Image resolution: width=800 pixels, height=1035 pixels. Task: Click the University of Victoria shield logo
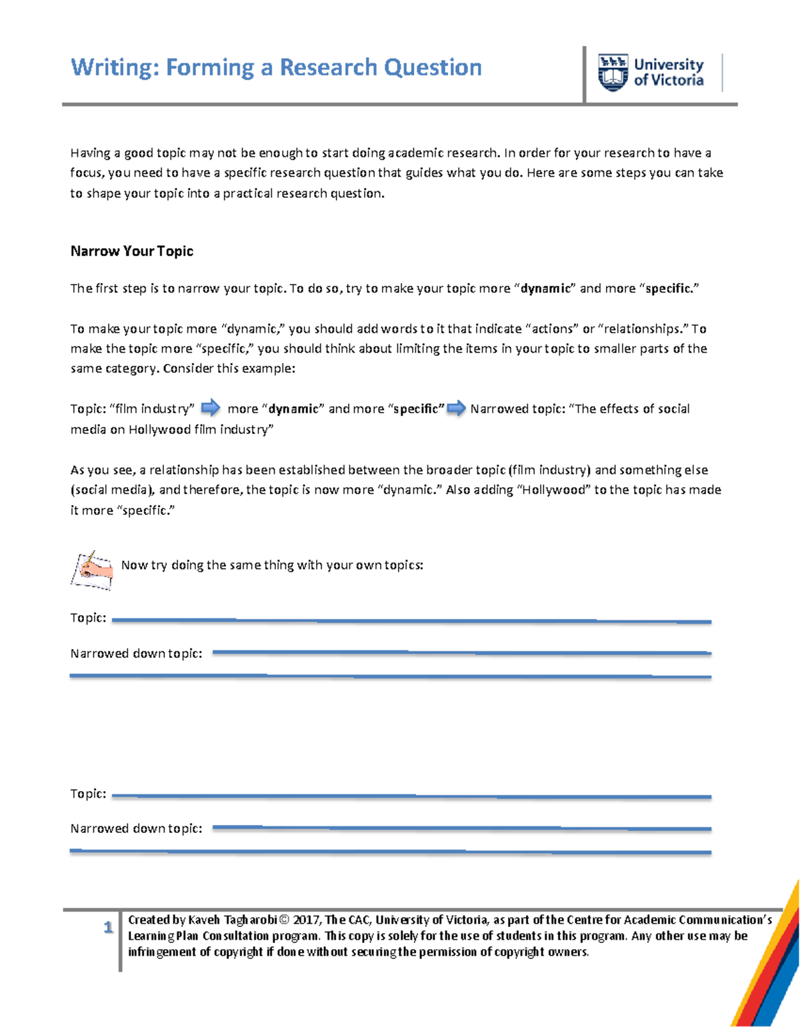(x=613, y=73)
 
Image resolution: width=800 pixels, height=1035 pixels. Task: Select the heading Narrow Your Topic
(x=132, y=251)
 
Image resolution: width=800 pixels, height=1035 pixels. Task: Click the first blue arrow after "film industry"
(x=211, y=407)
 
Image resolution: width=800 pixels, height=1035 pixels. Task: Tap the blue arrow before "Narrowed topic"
(x=457, y=408)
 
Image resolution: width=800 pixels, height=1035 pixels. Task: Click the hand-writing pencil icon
(x=93, y=570)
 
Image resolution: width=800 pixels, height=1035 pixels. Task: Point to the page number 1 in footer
(x=108, y=927)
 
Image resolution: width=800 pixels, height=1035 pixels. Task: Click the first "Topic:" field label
(x=88, y=618)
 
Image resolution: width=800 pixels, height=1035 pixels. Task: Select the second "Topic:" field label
(x=88, y=794)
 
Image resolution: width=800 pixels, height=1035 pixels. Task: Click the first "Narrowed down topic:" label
(x=136, y=654)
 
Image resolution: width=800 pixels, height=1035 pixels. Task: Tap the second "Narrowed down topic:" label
(x=136, y=828)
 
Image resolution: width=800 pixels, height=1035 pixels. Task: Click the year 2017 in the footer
(x=307, y=920)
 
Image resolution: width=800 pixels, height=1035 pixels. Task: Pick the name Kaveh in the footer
(x=205, y=920)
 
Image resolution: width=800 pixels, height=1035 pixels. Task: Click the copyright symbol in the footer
(x=285, y=920)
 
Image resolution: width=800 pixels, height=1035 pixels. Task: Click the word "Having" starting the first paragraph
(x=90, y=153)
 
